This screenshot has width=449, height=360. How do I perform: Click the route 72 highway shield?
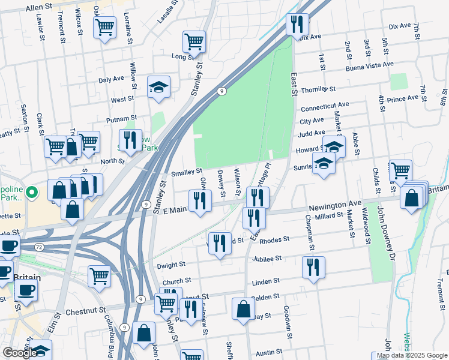38,247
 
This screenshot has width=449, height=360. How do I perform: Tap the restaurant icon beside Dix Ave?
297,25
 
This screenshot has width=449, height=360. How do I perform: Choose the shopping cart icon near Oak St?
104,27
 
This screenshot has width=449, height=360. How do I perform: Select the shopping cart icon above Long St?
194,41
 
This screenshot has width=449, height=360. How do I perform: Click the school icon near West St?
158,87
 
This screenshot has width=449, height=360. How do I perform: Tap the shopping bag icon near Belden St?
244,309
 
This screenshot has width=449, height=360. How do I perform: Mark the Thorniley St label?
318,89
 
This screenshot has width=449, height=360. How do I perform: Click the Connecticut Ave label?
324,107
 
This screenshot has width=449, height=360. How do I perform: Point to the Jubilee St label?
267,259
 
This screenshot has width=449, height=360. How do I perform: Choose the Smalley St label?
187,172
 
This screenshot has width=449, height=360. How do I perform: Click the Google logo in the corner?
19,353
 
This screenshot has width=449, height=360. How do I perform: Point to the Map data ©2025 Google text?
411,355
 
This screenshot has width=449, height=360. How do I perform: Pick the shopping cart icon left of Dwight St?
99,276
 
